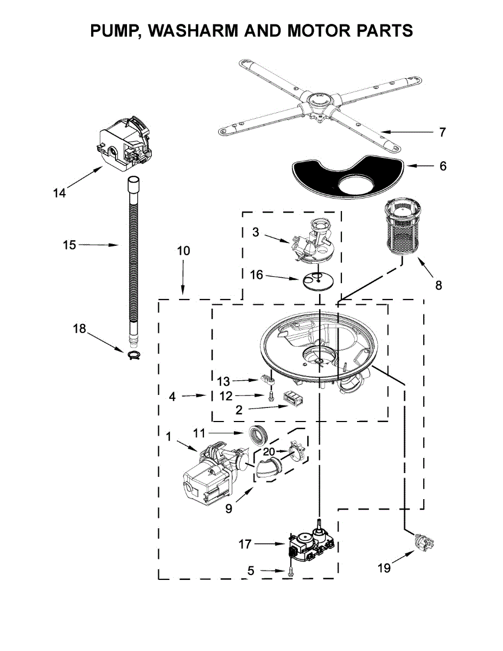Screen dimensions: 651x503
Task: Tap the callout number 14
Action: pos(59,193)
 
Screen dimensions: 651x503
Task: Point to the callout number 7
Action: pos(443,132)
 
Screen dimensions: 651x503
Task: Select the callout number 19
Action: pos(384,568)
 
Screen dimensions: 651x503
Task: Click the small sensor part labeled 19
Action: pos(421,541)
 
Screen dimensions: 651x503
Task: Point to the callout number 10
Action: pos(183,251)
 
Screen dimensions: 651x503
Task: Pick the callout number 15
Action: pos(69,245)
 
